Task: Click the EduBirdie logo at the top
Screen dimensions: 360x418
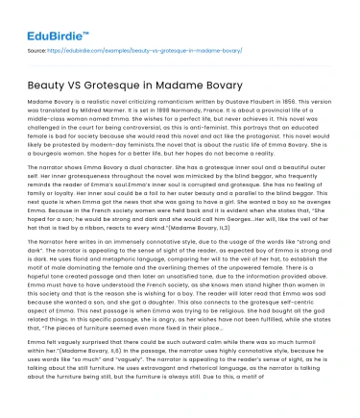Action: point(44,17)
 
